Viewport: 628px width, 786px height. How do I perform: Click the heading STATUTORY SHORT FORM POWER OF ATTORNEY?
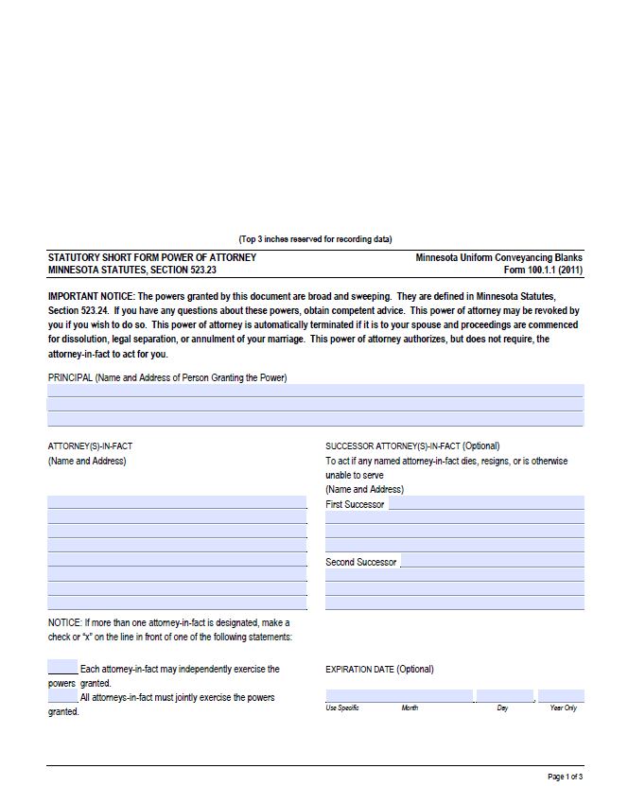pyautogui.click(x=151, y=257)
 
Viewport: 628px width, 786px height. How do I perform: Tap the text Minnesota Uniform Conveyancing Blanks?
pyautogui.click(x=498, y=257)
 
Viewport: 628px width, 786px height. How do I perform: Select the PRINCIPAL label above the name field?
pyautogui.click(x=70, y=377)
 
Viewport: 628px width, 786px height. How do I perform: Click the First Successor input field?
pyautogui.click(x=486, y=503)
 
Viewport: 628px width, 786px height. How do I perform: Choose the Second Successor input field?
pyautogui.click(x=492, y=561)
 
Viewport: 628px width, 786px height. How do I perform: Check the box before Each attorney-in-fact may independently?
pyautogui.click(x=62, y=668)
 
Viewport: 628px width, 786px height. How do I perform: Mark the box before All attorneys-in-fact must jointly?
pyautogui.click(x=62, y=696)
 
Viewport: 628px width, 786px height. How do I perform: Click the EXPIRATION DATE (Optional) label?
pyautogui.click(x=379, y=669)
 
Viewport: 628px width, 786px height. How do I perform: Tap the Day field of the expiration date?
pyautogui.click(x=504, y=696)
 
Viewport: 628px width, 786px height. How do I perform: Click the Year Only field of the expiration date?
pyautogui.click(x=561, y=696)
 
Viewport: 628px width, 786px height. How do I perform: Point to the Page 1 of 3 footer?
pyautogui.click(x=565, y=777)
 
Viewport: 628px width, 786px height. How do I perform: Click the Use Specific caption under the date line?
pyautogui.click(x=342, y=708)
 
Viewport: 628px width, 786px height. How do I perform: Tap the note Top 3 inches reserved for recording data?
pyautogui.click(x=315, y=239)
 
